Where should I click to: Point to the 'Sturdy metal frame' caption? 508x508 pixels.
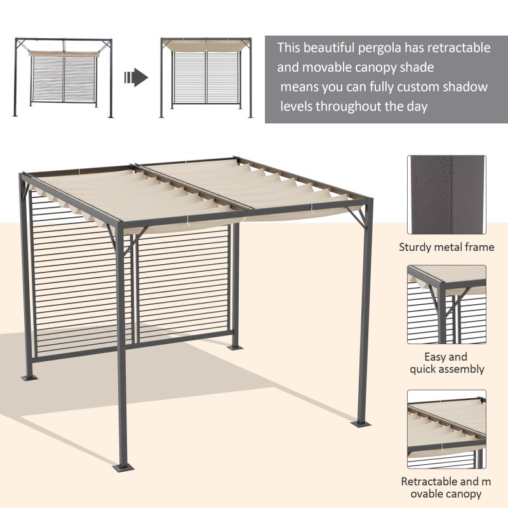(446, 247)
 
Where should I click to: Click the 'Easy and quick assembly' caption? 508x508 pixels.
(446, 363)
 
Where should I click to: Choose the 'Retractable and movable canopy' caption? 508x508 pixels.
(446, 488)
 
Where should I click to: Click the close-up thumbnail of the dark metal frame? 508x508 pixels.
(446, 194)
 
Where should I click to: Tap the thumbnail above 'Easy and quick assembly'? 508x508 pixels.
(446, 304)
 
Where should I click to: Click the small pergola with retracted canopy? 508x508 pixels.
(63, 77)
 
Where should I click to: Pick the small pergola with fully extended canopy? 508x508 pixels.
(206, 77)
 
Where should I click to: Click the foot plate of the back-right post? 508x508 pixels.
(234, 348)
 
